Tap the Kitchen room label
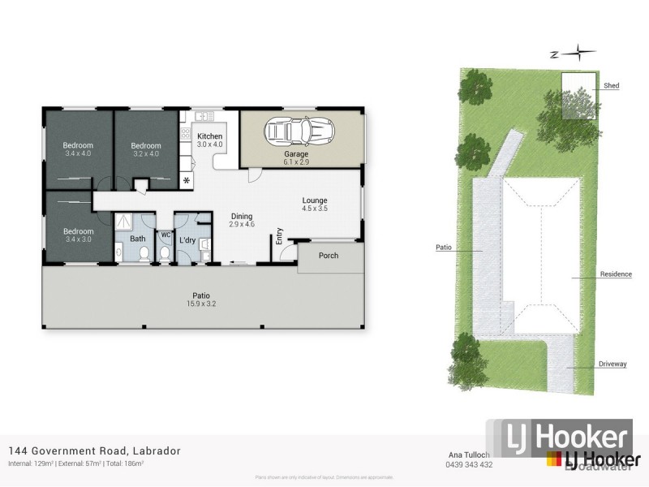point(209,140)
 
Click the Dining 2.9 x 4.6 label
point(242,219)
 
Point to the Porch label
point(329,256)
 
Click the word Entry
point(279,235)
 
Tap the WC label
point(165,235)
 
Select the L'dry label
point(187,239)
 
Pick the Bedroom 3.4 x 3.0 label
point(80,235)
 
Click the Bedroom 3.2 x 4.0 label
point(146,149)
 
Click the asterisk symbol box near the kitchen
point(187,179)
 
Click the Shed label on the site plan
point(611,85)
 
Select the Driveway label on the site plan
point(612,364)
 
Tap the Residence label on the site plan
point(616,274)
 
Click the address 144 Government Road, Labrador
point(94,450)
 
